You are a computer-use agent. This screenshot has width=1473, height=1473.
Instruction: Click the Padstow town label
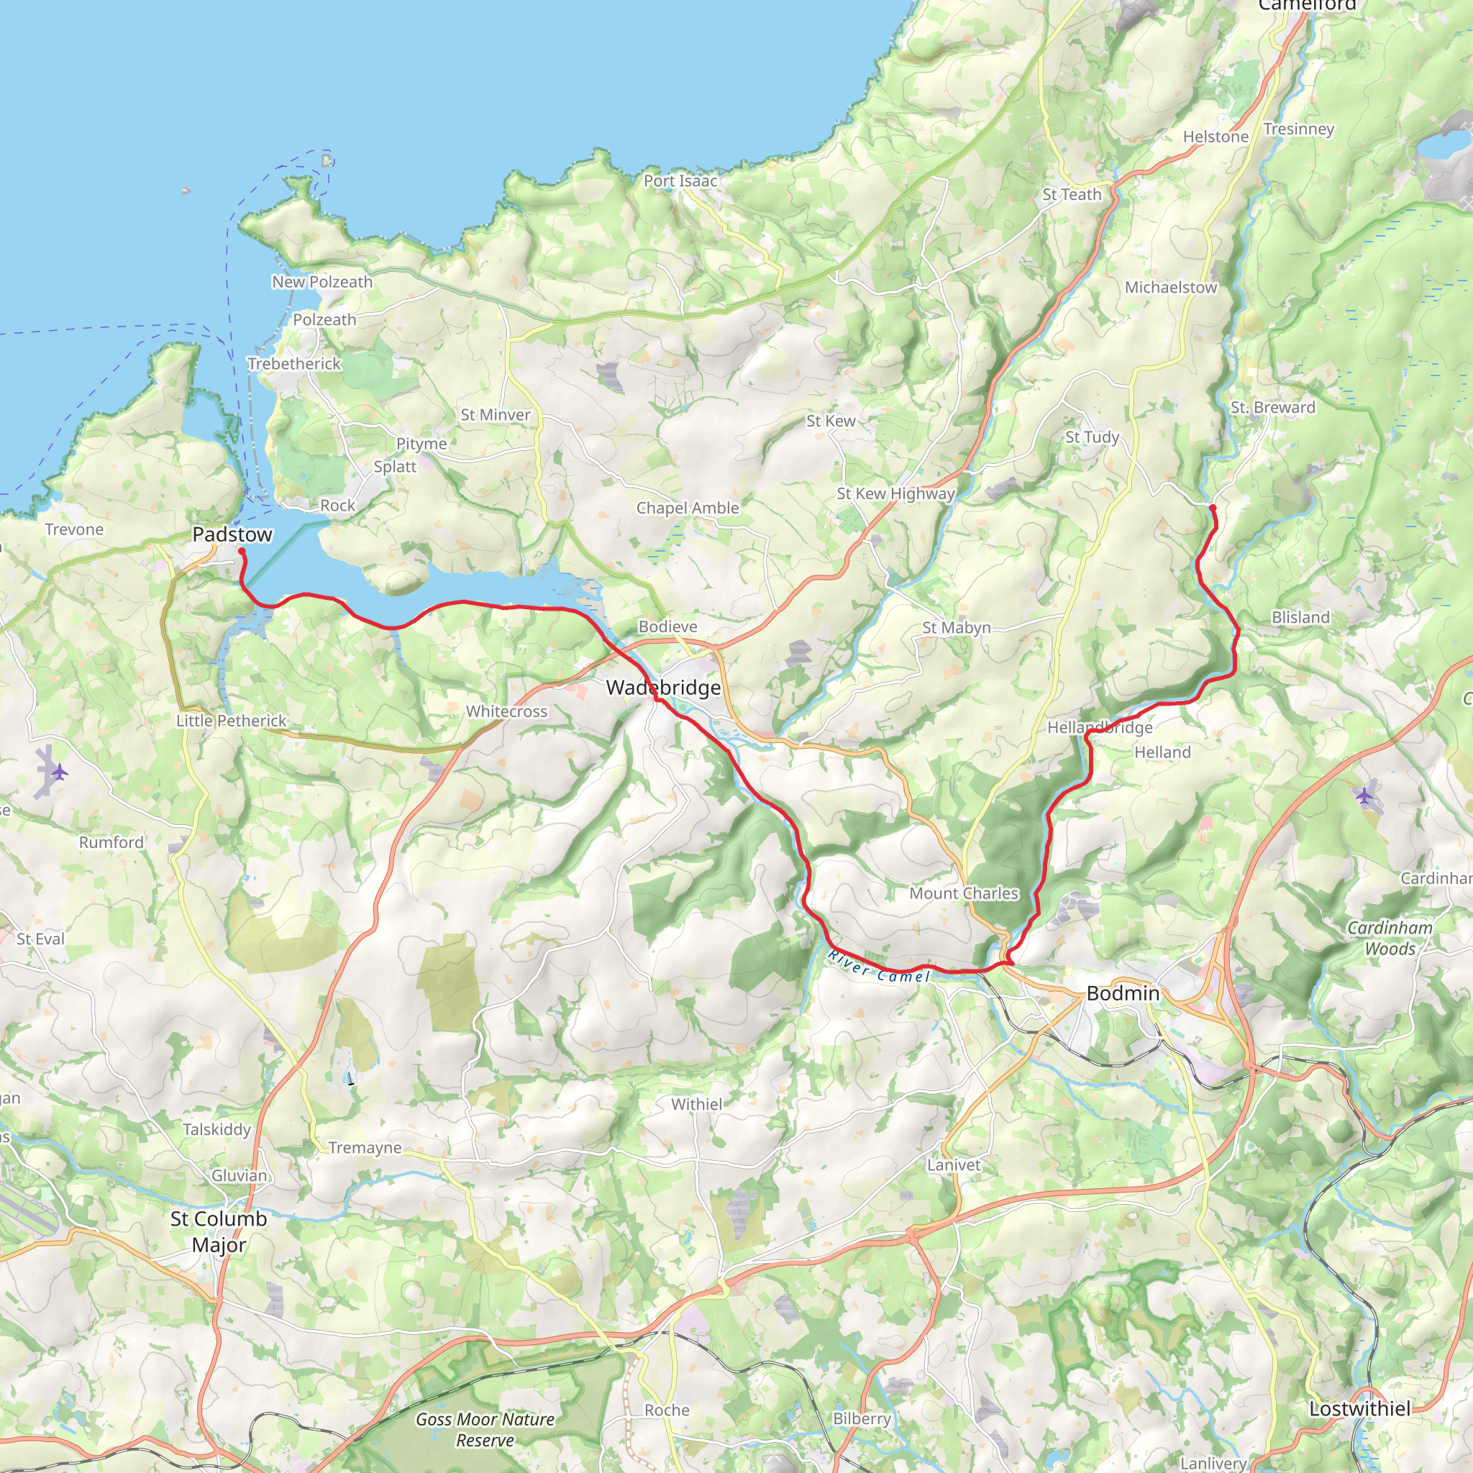point(232,534)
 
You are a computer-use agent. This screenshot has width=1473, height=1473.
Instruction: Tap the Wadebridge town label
point(663,688)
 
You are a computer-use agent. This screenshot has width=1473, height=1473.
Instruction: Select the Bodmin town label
point(1122,993)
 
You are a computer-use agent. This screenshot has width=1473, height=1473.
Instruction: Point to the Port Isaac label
point(680,181)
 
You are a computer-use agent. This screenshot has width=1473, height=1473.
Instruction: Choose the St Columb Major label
point(219,1231)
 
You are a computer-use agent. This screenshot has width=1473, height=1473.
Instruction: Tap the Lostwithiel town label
point(1359,1409)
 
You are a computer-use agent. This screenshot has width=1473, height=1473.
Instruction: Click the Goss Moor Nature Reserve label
point(485,1430)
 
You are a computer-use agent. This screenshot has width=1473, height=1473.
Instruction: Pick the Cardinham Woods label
point(1390,938)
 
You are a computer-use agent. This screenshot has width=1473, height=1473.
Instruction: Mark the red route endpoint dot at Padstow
point(241,550)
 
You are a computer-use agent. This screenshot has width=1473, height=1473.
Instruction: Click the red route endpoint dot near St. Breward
point(1212,506)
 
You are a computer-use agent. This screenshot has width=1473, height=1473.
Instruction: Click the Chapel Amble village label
point(688,508)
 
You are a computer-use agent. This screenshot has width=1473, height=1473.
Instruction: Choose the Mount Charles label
point(964,893)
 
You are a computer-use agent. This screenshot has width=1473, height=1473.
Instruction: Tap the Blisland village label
point(1300,618)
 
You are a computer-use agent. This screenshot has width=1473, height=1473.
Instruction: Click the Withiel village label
point(696,1104)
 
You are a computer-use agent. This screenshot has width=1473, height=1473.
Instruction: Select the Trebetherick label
point(293,364)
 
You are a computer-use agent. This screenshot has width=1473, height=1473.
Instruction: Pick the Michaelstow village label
point(1170,288)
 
